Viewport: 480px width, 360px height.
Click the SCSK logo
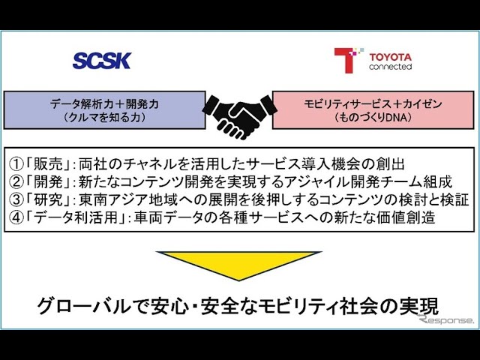click(x=101, y=61)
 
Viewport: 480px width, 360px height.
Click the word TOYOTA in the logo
click(x=390, y=55)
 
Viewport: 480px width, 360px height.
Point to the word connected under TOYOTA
click(x=390, y=67)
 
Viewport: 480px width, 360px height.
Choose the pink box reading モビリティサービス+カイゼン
click(x=373, y=109)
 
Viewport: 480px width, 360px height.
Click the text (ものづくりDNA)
click(x=373, y=117)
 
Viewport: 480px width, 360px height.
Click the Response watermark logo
click(x=447, y=319)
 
